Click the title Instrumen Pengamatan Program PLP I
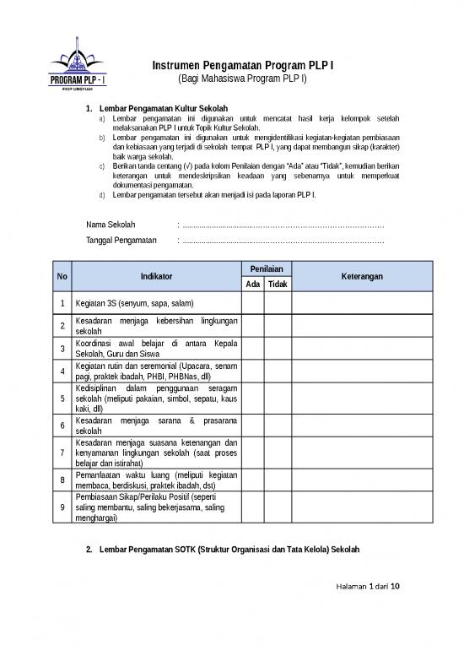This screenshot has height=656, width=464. click(244, 66)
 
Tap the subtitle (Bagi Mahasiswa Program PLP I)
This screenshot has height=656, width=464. click(244, 79)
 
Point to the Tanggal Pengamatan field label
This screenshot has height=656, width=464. click(122, 241)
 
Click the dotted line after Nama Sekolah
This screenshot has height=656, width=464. click(283, 225)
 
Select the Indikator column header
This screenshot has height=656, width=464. click(156, 276)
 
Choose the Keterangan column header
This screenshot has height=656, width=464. click(363, 276)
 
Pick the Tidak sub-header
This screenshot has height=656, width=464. click(278, 285)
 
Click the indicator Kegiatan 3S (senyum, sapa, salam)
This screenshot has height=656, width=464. click(135, 303)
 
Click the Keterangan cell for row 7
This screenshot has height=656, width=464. click(363, 453)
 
